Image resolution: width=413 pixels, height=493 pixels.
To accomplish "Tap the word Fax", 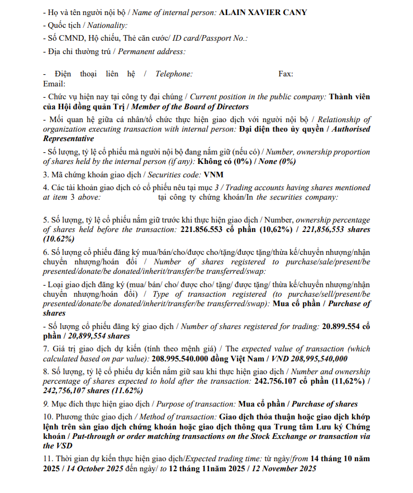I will (x=286, y=74).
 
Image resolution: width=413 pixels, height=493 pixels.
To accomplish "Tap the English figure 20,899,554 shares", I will (x=98, y=336).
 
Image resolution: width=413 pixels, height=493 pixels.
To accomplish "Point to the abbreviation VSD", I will (x=51, y=446).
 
